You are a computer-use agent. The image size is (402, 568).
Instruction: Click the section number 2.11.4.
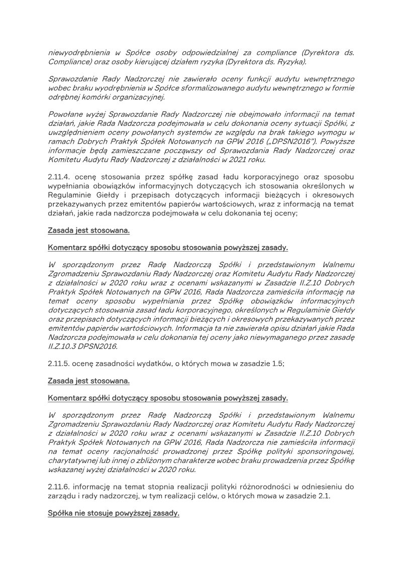click(x=59, y=176)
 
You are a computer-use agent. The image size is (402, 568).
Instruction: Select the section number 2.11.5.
click(x=59, y=364)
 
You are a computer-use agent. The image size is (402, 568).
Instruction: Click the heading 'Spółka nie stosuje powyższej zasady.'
click(x=113, y=514)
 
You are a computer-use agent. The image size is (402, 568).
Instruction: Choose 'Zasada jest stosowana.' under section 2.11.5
click(x=88, y=381)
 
